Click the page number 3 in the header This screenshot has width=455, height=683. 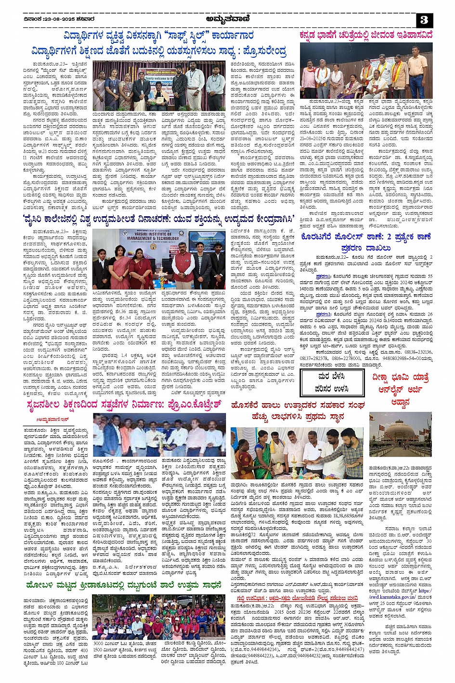[424, 20]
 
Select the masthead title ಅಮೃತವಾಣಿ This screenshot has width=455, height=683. [227, 19]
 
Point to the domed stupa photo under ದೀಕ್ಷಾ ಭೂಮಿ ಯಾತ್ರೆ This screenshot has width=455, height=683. [401, 434]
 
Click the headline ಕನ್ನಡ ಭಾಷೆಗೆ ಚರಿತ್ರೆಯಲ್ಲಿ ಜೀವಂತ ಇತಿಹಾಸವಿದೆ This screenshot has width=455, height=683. [366, 35]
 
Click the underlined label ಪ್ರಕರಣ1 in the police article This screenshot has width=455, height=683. [322, 276]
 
